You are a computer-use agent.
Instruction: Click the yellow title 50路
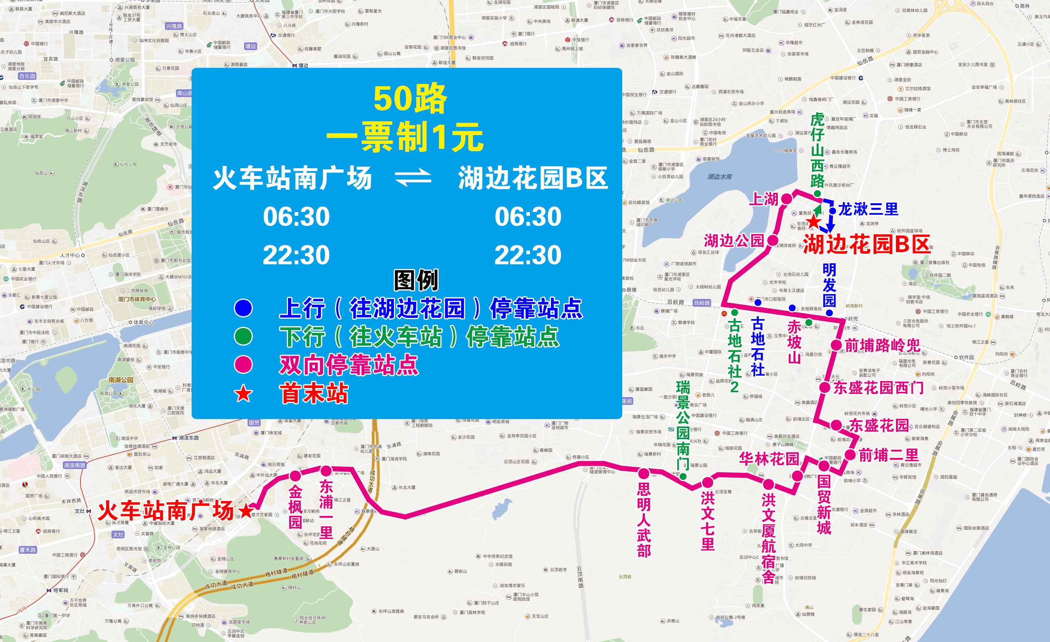(x=410, y=99)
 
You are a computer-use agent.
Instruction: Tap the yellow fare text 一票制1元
(x=405, y=137)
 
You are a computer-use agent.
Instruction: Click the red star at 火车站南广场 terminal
(x=246, y=510)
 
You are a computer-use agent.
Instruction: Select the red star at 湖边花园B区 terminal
(x=813, y=221)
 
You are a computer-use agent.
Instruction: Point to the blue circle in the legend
(x=243, y=308)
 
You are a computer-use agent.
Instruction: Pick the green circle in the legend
(x=243, y=336)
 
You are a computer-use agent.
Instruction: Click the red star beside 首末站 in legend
(x=243, y=394)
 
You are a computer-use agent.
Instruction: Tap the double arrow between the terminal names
(x=413, y=178)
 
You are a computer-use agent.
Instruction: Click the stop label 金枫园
(x=295, y=507)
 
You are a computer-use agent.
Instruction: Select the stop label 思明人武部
(x=644, y=520)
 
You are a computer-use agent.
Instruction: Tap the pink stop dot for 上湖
(x=787, y=199)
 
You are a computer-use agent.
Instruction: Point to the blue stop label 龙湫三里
(x=868, y=209)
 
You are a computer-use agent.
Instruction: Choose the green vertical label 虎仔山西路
(x=817, y=150)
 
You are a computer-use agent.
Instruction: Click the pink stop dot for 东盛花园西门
(x=825, y=388)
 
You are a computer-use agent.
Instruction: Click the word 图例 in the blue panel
(x=416, y=280)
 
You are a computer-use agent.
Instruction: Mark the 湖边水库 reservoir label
(x=720, y=176)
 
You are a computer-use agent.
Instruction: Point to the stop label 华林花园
(x=769, y=458)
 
